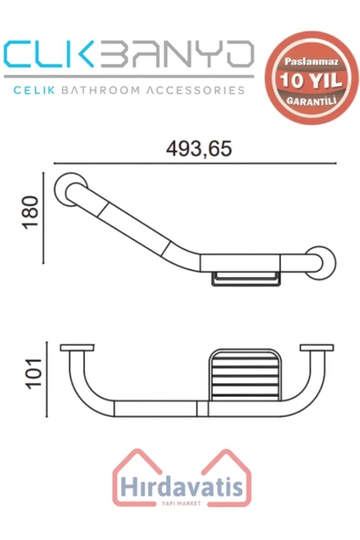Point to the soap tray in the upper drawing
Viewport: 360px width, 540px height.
243,277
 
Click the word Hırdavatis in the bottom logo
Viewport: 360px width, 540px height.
179,488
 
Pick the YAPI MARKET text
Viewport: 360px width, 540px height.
180,504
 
